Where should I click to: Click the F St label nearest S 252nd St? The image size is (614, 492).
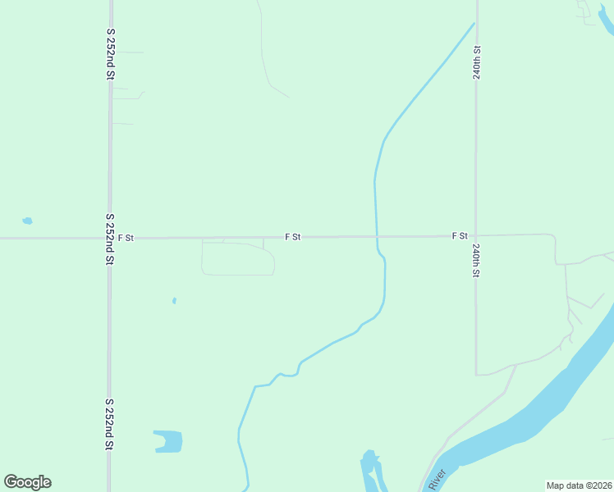[x=126, y=238]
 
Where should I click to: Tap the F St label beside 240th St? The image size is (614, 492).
[x=460, y=236]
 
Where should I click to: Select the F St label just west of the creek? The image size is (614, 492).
[x=293, y=237]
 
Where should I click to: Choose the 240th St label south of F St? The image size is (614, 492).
[x=476, y=260]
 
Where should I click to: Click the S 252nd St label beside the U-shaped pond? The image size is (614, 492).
[x=108, y=425]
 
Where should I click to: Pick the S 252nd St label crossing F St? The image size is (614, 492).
[x=109, y=239]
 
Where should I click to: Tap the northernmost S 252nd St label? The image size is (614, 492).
[x=110, y=52]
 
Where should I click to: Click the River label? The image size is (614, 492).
[x=436, y=479]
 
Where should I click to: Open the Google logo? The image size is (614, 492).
[x=28, y=481]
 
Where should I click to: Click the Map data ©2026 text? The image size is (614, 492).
[x=579, y=485]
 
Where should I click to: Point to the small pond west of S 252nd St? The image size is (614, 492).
[x=27, y=221]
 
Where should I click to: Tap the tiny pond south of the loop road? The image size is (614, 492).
[x=174, y=301]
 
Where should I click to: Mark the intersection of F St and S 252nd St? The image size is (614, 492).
[x=109, y=239]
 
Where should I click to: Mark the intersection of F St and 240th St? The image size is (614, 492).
[x=476, y=236]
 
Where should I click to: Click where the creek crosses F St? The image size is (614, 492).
[x=376, y=237]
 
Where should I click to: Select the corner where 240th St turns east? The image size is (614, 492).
[x=477, y=374]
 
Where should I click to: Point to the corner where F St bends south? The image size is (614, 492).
[x=554, y=237]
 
